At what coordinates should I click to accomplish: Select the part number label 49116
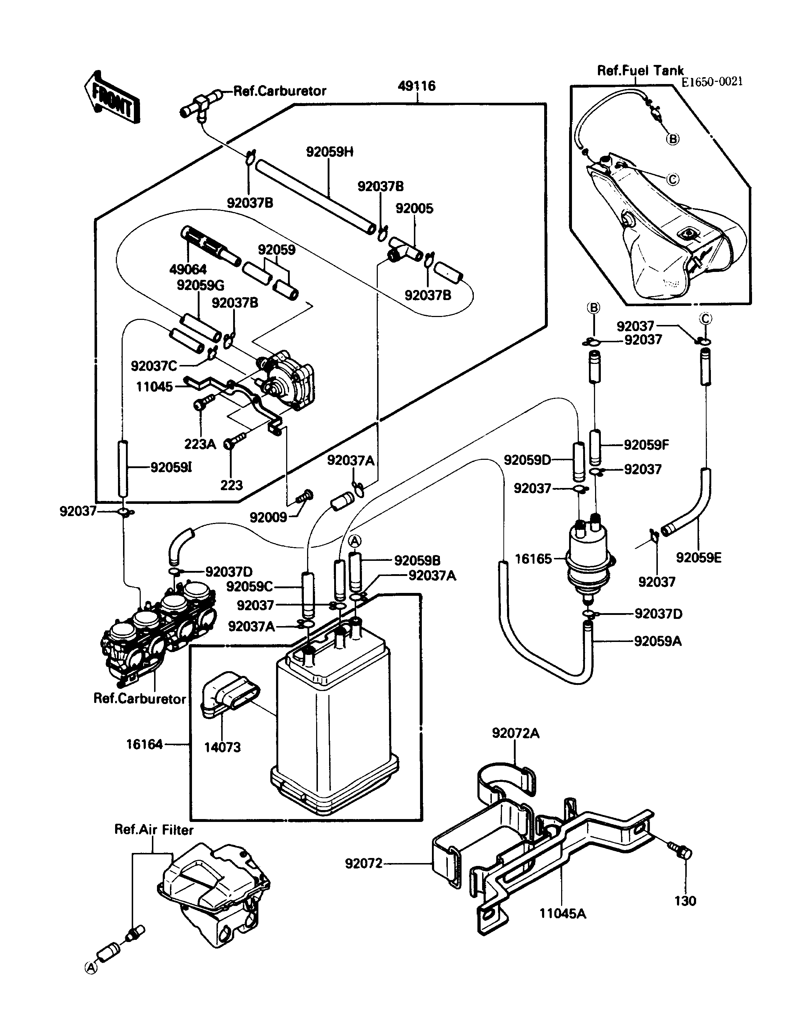point(417,86)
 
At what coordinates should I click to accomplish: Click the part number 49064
point(188,269)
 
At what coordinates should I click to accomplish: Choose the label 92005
point(414,208)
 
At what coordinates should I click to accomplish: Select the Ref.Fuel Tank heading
point(640,71)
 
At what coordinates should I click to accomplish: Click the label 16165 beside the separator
point(533,559)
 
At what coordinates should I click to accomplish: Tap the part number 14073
point(222,747)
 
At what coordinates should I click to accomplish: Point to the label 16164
point(144,744)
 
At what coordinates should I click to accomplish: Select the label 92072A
point(516,733)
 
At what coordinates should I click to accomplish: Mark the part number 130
point(685,901)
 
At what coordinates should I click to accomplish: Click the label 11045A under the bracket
point(563,914)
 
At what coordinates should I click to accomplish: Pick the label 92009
point(268,517)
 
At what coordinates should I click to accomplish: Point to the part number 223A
point(200,444)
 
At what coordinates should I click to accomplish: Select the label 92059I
point(171,467)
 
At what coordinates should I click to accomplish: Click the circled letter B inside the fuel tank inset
point(673,139)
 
